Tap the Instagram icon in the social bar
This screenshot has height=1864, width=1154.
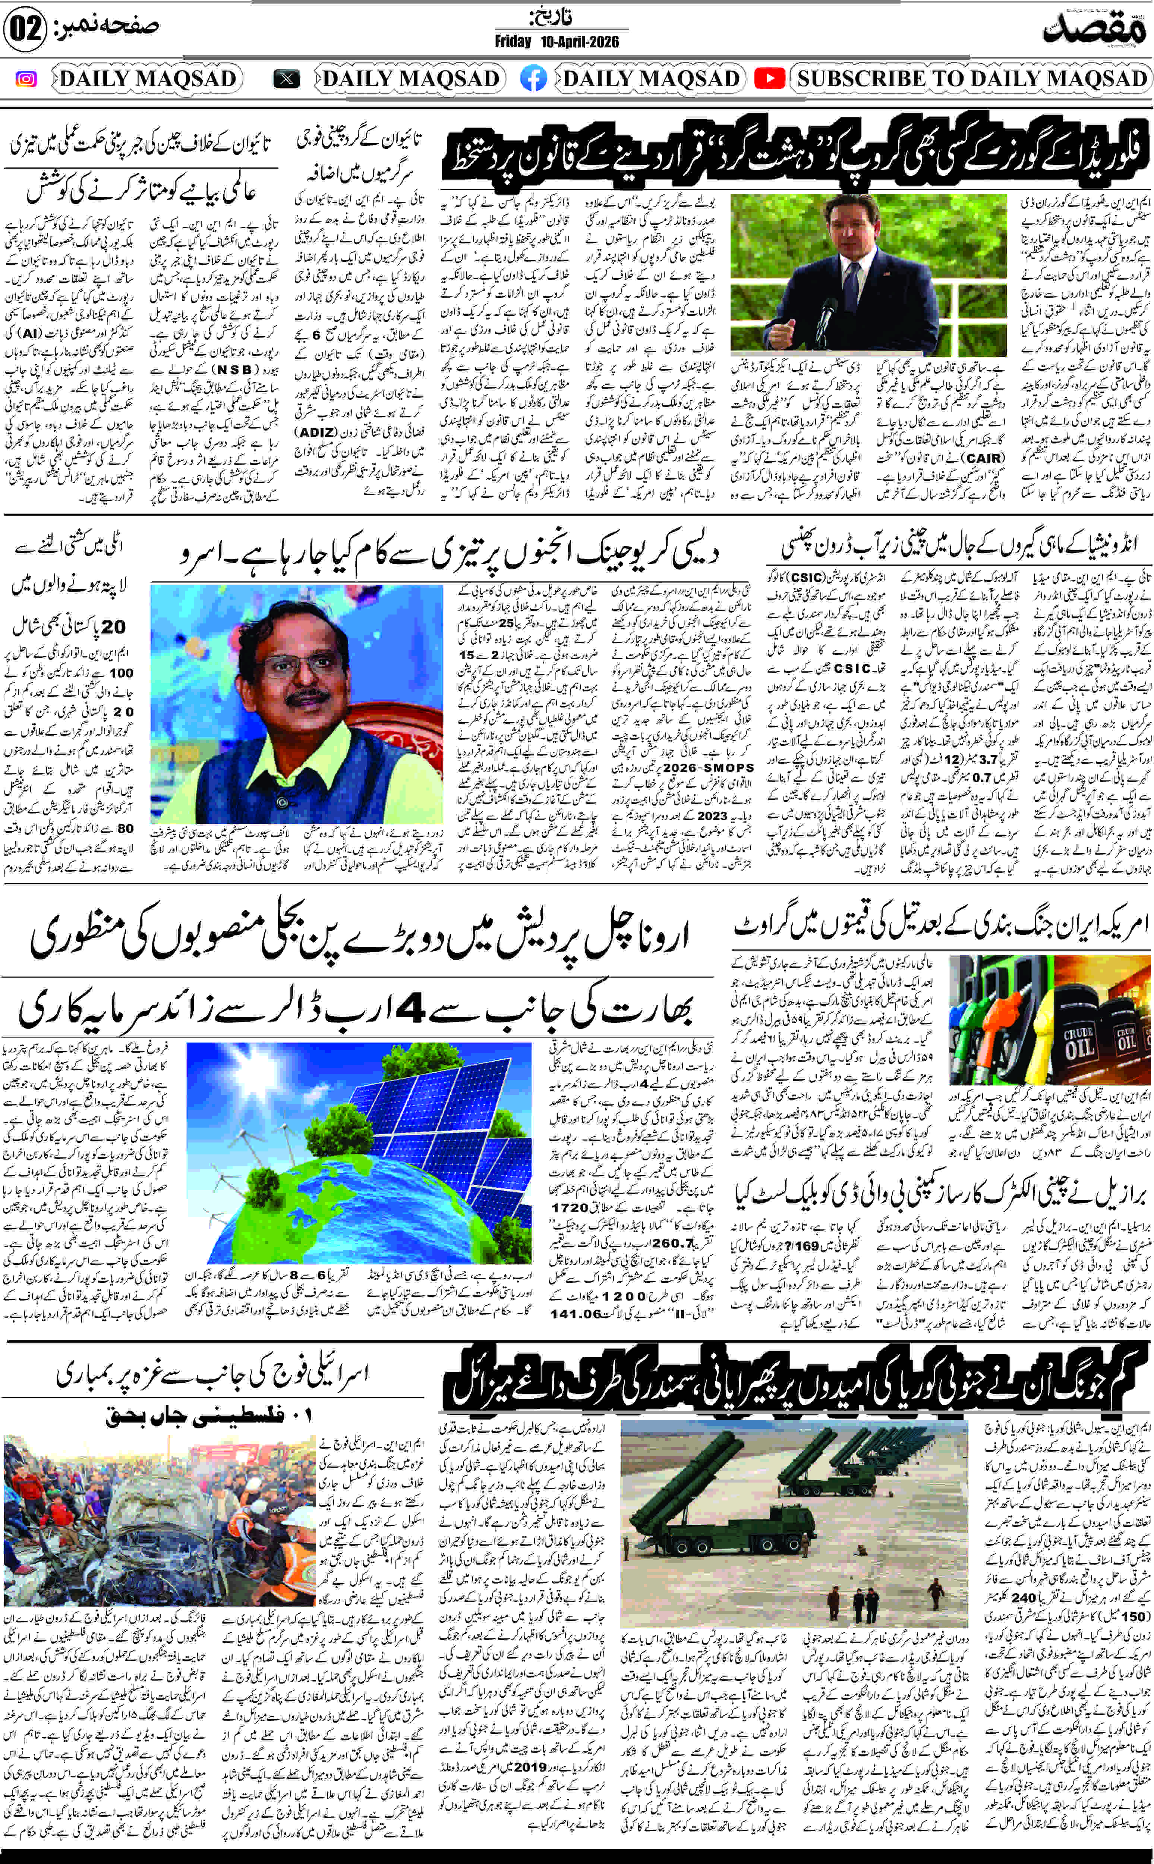point(26,79)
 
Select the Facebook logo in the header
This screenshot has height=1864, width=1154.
point(533,79)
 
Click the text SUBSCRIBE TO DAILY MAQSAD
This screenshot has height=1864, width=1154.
point(972,79)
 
